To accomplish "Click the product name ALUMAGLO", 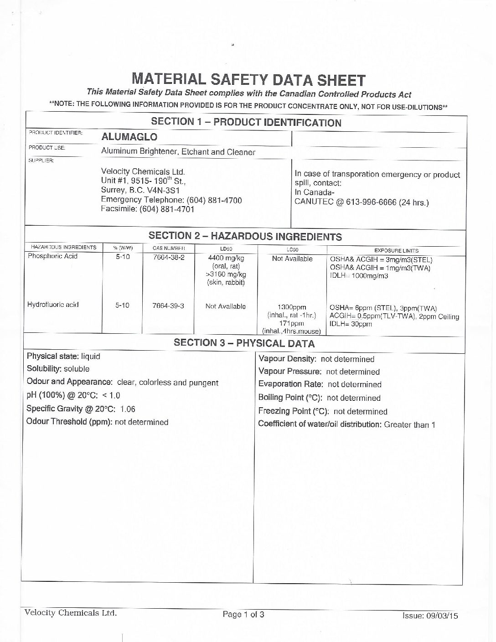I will coord(129,137).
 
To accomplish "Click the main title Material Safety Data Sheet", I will coord(248,80).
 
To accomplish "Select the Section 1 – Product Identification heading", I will coord(246,122).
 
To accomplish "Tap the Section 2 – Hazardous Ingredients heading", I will coord(245,237).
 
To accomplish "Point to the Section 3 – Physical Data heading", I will coord(244,344).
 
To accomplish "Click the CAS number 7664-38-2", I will coord(168,257).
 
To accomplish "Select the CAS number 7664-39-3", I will coord(168,305).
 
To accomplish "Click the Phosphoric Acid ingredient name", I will coord(52,256).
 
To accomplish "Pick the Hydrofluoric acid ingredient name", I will coord(53,305).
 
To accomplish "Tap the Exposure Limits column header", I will coord(396,250).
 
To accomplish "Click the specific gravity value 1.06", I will coord(128,409).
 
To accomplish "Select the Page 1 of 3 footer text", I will coord(243,615).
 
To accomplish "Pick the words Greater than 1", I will coord(409,425).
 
